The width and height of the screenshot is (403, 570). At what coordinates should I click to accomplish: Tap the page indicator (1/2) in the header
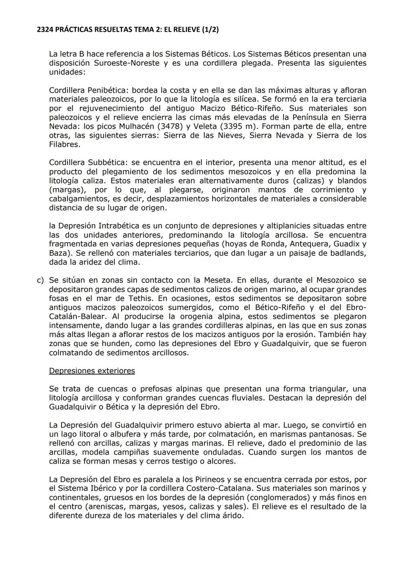(210, 29)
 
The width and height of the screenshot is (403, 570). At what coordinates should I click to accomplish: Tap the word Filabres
(65, 144)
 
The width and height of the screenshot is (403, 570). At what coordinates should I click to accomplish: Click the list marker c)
(40, 280)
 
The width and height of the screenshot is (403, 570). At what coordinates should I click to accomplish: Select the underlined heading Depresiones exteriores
(92, 371)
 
